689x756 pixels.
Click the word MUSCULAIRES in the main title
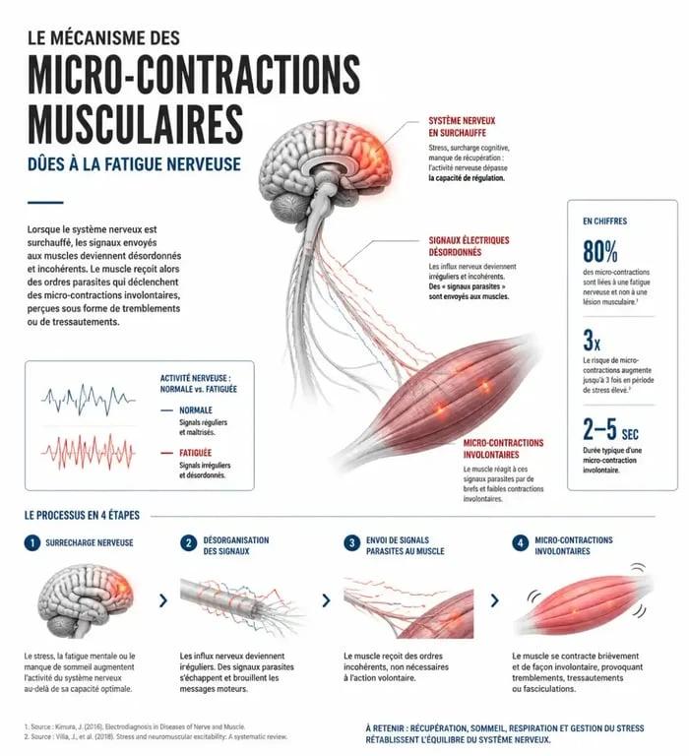[x=135, y=123]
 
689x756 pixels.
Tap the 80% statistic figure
[x=600, y=251]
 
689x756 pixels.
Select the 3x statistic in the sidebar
[x=592, y=340]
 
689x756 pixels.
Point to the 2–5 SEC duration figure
[x=610, y=429]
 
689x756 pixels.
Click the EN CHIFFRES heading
[x=605, y=221]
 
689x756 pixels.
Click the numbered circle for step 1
[x=32, y=543]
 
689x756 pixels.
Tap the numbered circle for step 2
[x=189, y=543]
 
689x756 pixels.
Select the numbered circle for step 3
[x=352, y=543]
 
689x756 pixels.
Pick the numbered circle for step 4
[x=521, y=543]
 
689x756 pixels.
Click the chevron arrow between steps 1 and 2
[x=163, y=600]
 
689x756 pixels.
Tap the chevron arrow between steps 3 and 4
[x=495, y=600]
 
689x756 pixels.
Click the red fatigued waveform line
[x=89, y=452]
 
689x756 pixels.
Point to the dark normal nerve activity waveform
[x=89, y=400]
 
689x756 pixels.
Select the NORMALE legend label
[x=196, y=410]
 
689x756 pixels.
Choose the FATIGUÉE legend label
[x=195, y=453]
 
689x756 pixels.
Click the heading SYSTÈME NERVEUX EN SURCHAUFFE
[x=462, y=127]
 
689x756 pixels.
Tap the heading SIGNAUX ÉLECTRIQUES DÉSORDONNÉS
[x=470, y=246]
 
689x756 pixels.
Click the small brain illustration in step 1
[x=86, y=599]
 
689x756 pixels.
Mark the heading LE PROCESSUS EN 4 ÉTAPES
[x=82, y=516]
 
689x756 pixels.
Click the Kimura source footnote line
[x=135, y=726]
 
